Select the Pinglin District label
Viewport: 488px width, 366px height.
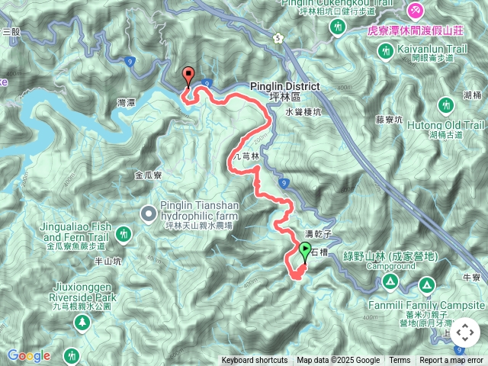284,86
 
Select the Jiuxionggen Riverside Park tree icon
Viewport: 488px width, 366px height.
80,323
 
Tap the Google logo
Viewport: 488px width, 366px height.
28,355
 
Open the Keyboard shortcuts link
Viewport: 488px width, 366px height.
255,361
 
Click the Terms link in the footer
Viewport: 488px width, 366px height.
400,361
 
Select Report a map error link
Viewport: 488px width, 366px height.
451,361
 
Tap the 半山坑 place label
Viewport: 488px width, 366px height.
108,261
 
